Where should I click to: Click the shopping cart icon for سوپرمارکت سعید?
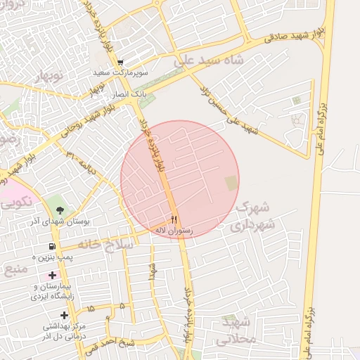tap(120, 63)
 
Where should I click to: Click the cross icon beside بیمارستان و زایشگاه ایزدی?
tap(51, 275)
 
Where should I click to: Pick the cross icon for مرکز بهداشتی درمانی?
tap(64, 315)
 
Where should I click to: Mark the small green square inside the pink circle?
tap(231, 183)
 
